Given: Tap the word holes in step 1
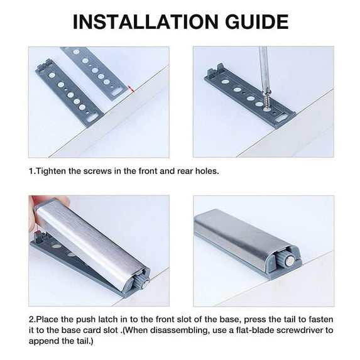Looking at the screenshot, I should pos(205,172).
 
